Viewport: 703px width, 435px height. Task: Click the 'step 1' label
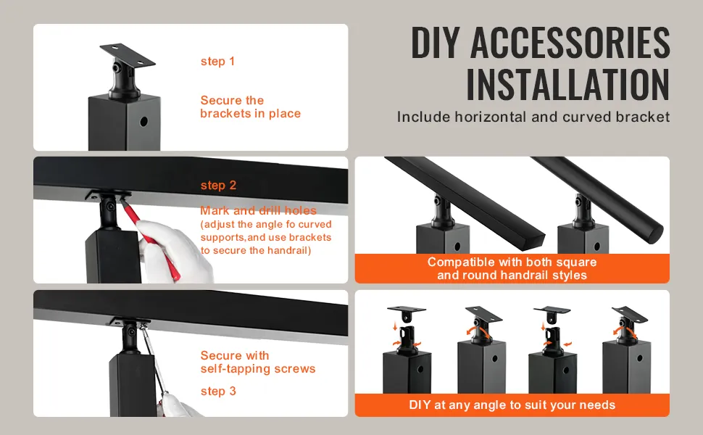click(217, 61)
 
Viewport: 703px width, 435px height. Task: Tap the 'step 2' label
click(218, 185)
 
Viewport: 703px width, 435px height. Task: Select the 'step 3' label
click(218, 391)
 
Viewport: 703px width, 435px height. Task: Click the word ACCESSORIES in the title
click(570, 43)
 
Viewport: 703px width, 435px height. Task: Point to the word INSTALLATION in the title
click(568, 85)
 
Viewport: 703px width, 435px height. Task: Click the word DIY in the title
click(436, 43)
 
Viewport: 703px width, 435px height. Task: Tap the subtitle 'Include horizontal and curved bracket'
click(533, 117)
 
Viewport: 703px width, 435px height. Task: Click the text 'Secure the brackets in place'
click(250, 107)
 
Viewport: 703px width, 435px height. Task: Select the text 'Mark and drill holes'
click(258, 210)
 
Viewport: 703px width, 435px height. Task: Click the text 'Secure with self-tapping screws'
click(258, 362)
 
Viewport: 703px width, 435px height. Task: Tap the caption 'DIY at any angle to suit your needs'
click(512, 405)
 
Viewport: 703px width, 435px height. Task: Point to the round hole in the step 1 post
click(144, 122)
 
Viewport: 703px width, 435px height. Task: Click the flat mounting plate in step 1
click(128, 54)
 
